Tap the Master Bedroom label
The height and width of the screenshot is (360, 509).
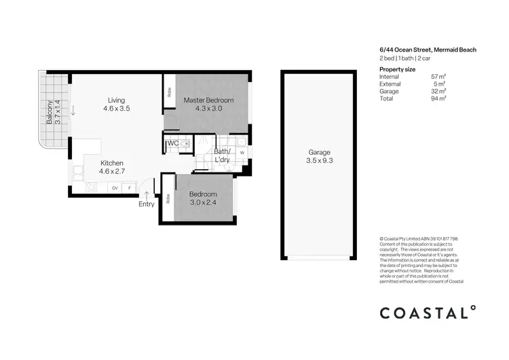209,100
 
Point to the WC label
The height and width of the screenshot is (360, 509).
172,143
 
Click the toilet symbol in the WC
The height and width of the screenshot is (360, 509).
185,143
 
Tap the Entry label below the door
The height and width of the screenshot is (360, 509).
147,204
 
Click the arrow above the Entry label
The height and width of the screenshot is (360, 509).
147,194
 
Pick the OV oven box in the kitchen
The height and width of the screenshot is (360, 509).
115,187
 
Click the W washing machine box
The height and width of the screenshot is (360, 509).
242,153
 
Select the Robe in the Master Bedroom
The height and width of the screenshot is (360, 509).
169,92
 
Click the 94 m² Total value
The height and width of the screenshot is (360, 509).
438,98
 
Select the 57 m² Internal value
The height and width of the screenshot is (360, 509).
438,77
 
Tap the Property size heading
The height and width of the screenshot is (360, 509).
398,69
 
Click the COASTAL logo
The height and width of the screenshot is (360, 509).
428,313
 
